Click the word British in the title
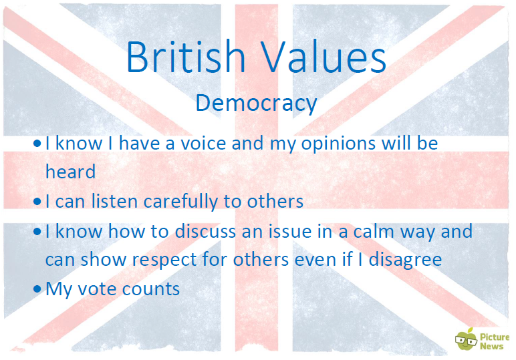tap(186, 56)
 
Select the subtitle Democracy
tap(257, 104)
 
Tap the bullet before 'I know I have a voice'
tap(37, 144)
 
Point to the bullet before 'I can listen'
tap(37, 201)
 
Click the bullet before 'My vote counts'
tap(37, 289)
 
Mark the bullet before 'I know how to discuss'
tap(37, 232)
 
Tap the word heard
tap(70, 172)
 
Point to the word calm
tap(373, 231)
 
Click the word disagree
tap(405, 260)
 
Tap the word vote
tap(96, 289)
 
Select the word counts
tap(150, 289)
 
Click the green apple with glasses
tap(466, 339)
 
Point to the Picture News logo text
tap(495, 341)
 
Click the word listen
tap(114, 201)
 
